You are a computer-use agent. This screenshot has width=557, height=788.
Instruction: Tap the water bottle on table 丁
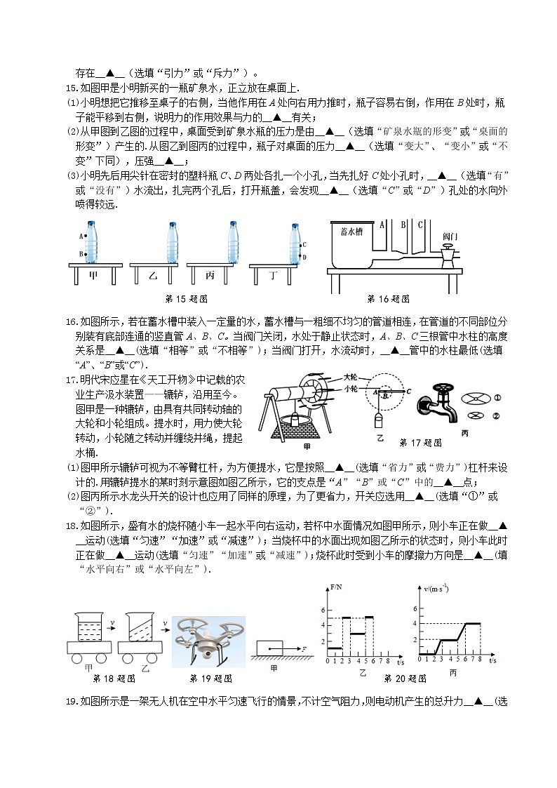pyautogui.click(x=294, y=244)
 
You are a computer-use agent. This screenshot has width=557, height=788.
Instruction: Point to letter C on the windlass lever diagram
pyautogui.click(x=408, y=392)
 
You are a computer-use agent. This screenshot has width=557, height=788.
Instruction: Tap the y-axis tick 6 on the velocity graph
pyautogui.click(x=415, y=608)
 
